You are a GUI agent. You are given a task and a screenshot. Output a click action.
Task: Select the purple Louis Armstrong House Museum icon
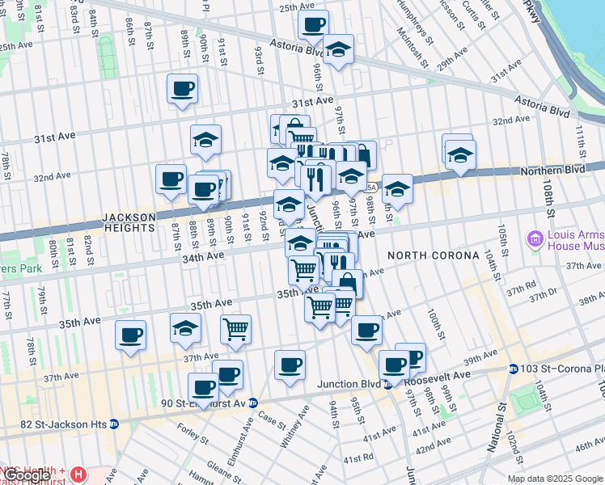[534, 238]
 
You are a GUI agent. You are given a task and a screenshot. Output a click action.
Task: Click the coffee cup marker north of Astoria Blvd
[312, 24]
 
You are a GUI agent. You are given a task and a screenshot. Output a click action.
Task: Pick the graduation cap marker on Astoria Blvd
[338, 49]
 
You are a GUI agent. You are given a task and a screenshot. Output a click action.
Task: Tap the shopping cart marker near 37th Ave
[235, 328]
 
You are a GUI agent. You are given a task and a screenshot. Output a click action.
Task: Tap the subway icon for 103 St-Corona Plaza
[513, 369]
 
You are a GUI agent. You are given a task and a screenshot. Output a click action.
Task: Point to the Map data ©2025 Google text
[555, 479]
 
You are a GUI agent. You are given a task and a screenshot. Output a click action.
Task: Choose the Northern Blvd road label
[553, 170]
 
